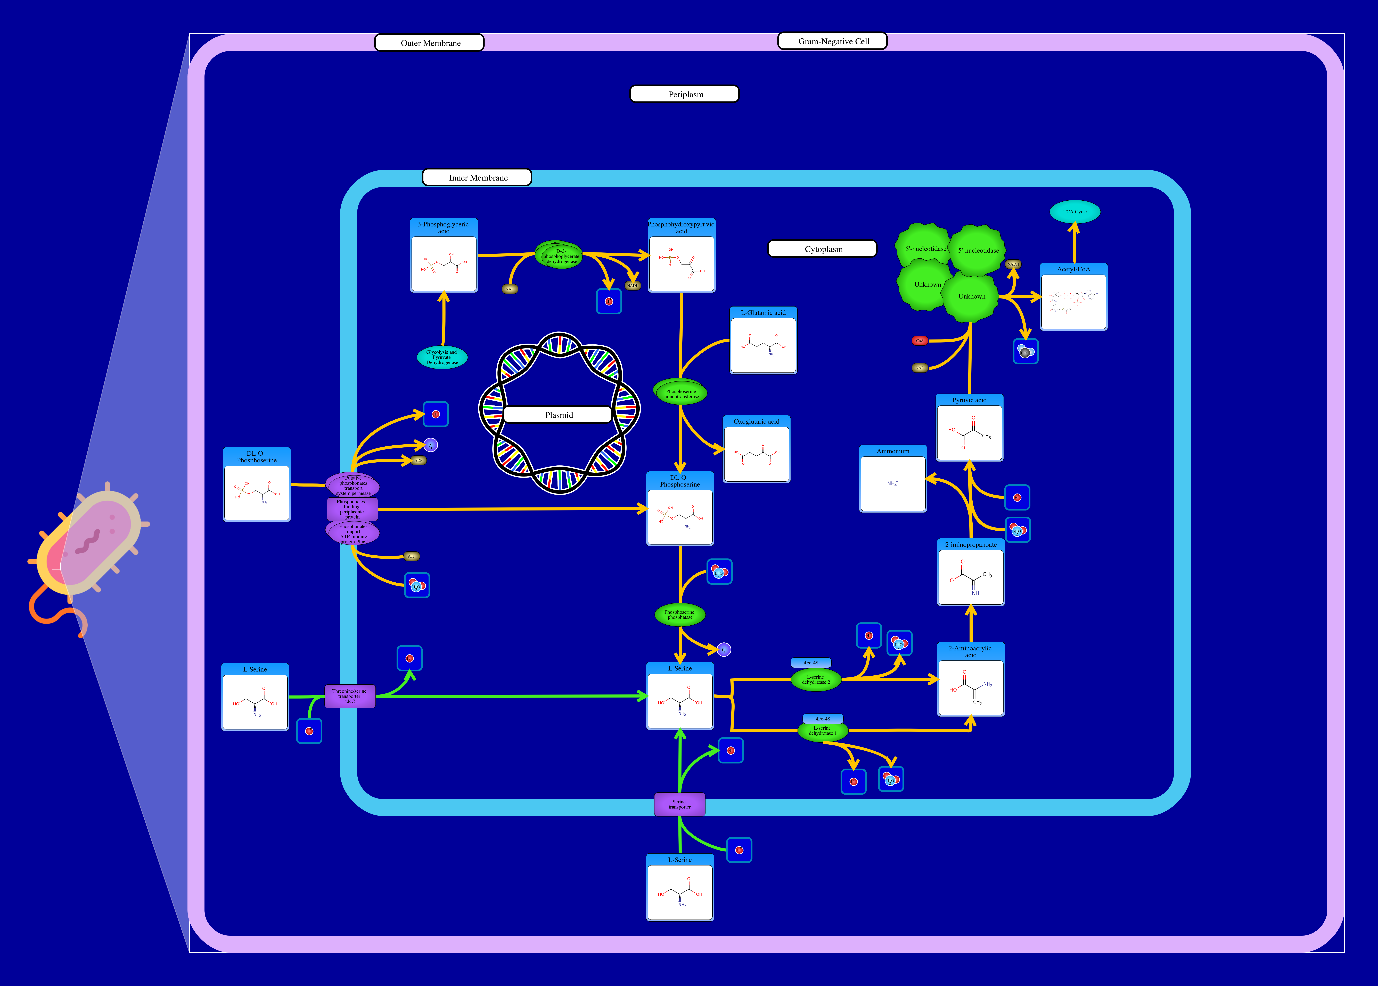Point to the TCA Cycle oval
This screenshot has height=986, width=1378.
[x=1074, y=212]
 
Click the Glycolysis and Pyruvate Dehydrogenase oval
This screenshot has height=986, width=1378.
[x=442, y=358]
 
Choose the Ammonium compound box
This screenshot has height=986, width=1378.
[x=892, y=479]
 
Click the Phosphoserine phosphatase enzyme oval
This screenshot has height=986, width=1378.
[x=679, y=614]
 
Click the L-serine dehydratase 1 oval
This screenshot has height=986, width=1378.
[x=822, y=731]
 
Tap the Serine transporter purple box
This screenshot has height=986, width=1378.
[x=679, y=804]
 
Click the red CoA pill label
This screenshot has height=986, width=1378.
[x=919, y=341]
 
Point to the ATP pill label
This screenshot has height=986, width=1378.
[x=411, y=556]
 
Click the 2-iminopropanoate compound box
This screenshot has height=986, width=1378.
[x=970, y=573]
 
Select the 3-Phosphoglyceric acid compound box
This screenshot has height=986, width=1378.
[x=444, y=256]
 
